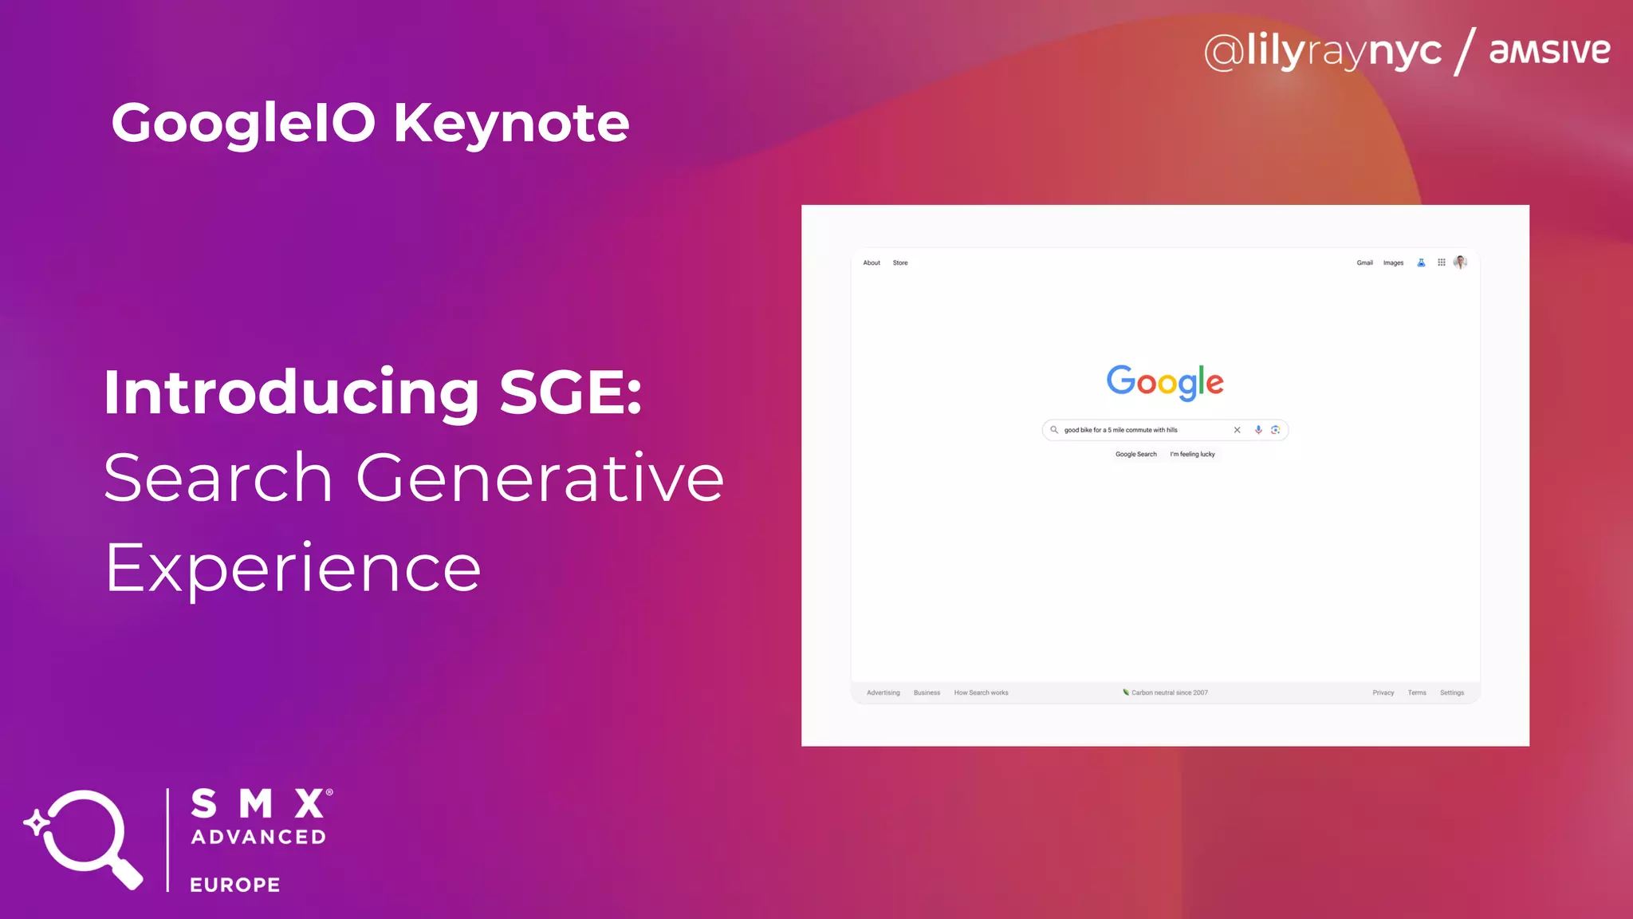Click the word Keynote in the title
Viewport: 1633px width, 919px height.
point(511,123)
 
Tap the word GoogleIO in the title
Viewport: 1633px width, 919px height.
point(243,123)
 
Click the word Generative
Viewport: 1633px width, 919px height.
point(540,478)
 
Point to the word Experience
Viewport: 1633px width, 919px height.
point(293,568)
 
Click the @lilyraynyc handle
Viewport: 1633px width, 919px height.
point(1323,51)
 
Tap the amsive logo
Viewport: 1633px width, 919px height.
point(1549,51)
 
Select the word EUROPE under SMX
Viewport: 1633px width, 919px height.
point(235,885)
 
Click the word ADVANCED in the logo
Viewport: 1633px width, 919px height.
point(259,837)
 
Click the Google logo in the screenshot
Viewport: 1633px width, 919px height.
point(1164,382)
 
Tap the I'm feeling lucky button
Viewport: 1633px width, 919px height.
point(1192,454)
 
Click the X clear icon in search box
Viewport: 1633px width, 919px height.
point(1237,430)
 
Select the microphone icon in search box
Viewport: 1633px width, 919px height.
point(1258,430)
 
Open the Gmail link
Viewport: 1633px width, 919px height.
point(1364,262)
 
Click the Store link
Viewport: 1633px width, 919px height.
point(900,262)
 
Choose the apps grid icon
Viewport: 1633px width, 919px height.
point(1442,262)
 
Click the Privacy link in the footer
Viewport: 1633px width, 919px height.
point(1383,692)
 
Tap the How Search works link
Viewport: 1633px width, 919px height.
point(981,692)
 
